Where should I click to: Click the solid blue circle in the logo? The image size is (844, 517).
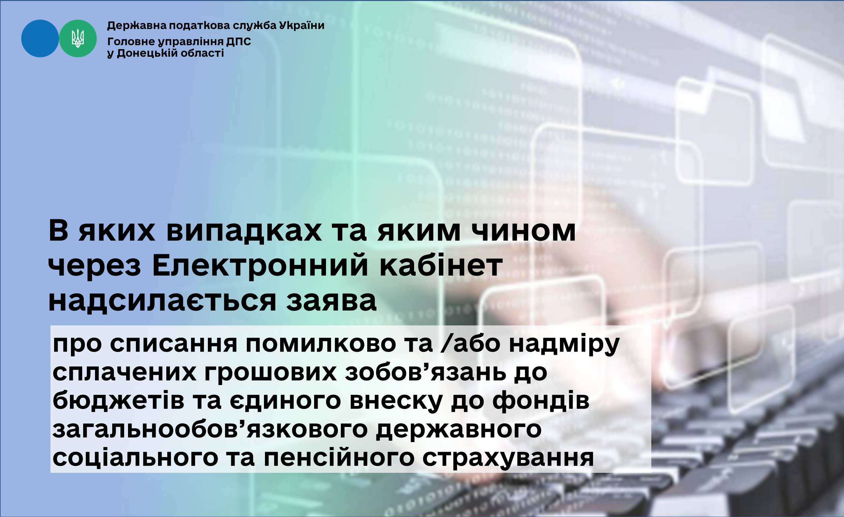[40, 38]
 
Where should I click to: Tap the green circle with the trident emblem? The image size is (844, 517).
[78, 38]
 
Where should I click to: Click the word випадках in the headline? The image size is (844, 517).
[244, 231]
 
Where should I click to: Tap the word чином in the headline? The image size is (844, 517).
[524, 231]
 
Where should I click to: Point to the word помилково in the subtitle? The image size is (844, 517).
[321, 344]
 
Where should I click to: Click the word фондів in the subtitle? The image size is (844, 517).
[541, 401]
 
